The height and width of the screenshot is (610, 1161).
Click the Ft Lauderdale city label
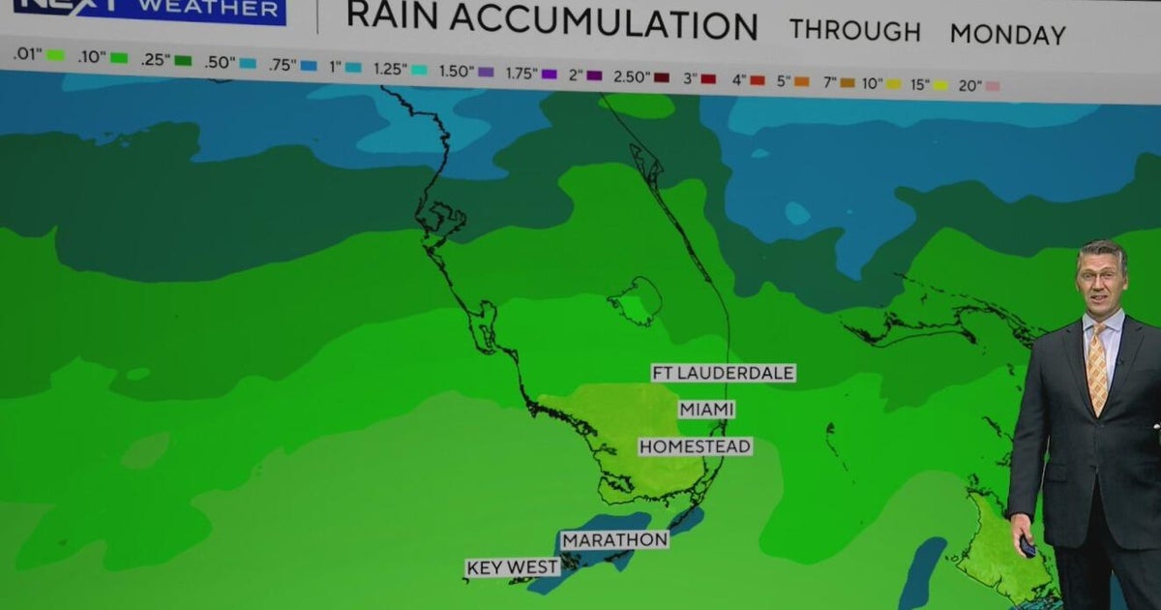click(x=723, y=373)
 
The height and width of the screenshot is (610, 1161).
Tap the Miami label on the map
click(x=706, y=410)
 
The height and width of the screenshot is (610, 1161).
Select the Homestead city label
click(x=695, y=446)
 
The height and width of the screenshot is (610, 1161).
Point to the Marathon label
click(x=615, y=539)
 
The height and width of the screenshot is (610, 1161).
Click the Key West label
click(x=513, y=567)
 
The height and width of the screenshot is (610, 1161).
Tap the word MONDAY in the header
click(x=1007, y=35)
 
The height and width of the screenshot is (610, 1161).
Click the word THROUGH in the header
click(x=854, y=30)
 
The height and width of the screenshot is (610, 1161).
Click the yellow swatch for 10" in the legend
click(x=893, y=84)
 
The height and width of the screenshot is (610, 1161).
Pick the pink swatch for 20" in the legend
click(x=992, y=86)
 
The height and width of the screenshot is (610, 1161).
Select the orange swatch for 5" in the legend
click(x=801, y=81)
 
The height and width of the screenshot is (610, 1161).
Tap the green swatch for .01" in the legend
click(x=55, y=55)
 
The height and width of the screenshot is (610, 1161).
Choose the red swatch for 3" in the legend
click(x=708, y=78)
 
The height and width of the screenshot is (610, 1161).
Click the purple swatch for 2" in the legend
click(x=594, y=75)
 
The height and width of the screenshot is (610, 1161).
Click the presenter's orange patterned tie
click(x=1097, y=368)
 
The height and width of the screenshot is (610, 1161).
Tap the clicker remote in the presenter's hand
click(x=1027, y=547)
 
